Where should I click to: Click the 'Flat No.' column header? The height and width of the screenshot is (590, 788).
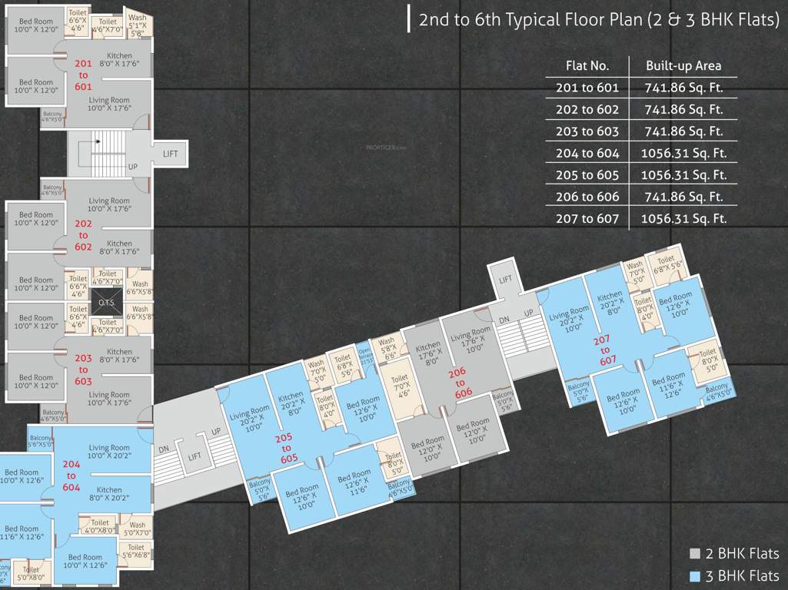tap(587, 66)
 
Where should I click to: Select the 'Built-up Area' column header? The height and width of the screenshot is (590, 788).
tap(683, 66)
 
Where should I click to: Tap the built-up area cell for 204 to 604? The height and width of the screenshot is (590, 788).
tap(683, 153)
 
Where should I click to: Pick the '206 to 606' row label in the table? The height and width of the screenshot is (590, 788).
tap(587, 197)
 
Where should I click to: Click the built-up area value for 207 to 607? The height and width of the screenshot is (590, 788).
tap(683, 218)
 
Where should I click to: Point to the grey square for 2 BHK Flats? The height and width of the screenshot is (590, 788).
tap(694, 553)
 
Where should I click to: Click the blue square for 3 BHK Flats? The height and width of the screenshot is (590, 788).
tap(694, 576)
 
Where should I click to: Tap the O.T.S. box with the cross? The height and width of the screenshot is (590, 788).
tap(106, 302)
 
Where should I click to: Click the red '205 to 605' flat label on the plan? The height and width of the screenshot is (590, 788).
tap(289, 448)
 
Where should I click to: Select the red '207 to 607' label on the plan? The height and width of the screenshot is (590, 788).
tap(605, 350)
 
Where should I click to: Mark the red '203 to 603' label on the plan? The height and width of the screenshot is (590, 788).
tap(83, 370)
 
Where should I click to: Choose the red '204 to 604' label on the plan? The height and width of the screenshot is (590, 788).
tap(71, 476)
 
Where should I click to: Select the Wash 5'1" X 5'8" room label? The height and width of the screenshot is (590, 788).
tap(137, 25)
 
